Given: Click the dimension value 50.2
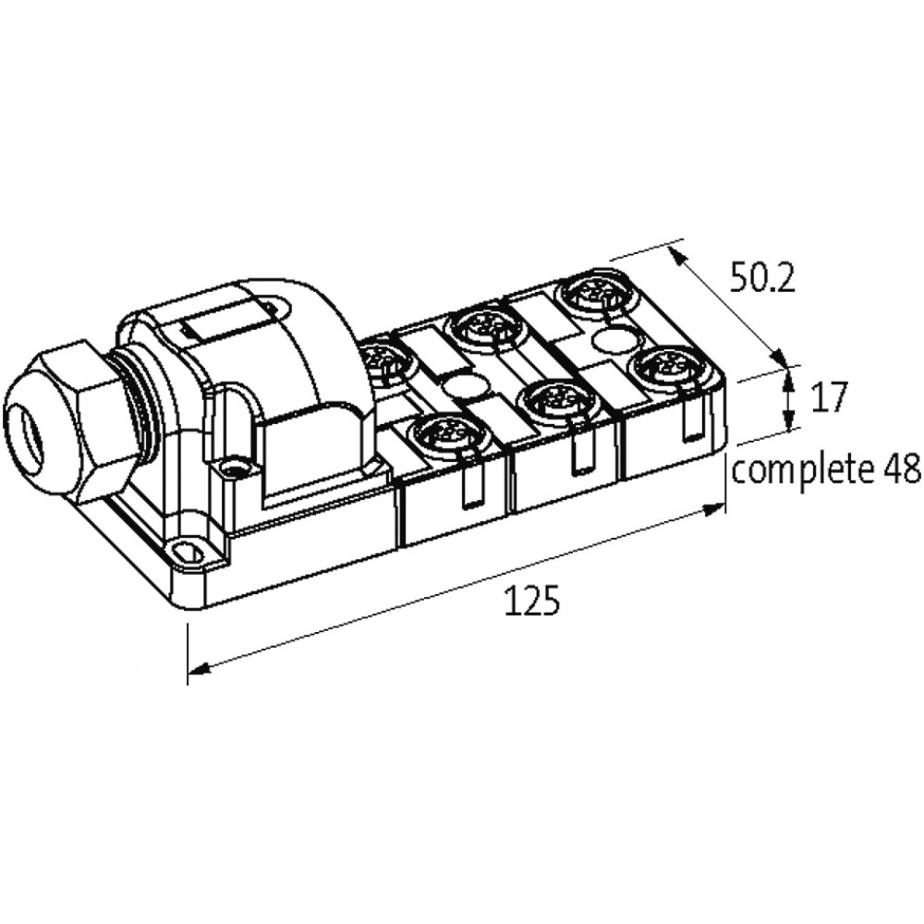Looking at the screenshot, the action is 762,279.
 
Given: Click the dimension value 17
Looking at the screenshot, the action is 830,396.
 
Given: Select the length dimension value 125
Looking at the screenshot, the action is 532,602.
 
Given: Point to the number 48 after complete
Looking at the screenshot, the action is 901,469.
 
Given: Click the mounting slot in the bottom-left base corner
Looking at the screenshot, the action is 188,553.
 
